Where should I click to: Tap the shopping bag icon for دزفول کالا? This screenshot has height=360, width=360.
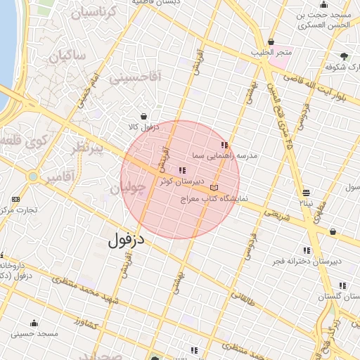(144, 117)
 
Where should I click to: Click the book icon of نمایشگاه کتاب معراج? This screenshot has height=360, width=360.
(214, 188)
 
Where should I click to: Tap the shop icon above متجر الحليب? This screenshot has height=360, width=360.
(271, 41)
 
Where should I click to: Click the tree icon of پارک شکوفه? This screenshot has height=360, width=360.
(344, 56)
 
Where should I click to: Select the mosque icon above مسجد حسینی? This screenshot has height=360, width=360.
(34, 324)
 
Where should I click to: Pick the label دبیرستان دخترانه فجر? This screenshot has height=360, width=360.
(307, 261)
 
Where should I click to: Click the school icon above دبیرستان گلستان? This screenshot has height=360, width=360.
(342, 285)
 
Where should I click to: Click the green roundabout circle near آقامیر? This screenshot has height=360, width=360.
(33, 176)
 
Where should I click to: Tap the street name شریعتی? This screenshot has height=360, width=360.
(276, 213)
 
